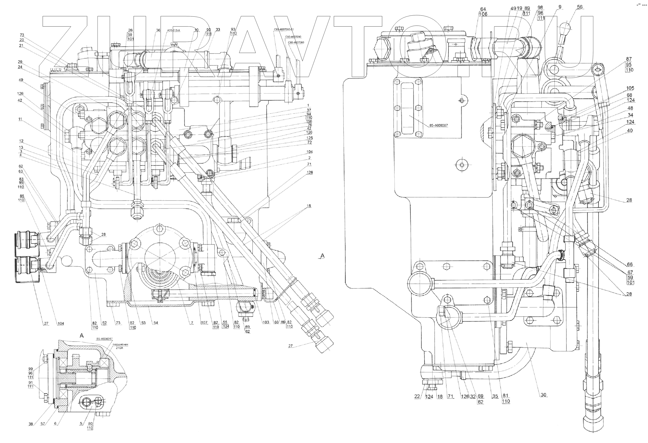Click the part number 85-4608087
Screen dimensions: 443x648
[438, 126]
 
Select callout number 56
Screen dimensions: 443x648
[580, 7]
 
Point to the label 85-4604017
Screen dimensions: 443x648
[104, 339]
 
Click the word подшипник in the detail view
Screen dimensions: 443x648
[121, 344]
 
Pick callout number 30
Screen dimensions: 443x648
[543, 395]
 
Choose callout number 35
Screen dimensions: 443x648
[495, 396]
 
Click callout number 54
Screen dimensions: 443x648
[156, 323]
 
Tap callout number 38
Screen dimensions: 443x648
[31, 424]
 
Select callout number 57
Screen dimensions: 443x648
[43, 424]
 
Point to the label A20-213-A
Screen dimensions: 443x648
[174, 30]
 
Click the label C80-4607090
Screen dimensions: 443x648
[293, 37]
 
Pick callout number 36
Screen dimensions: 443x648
[158, 30]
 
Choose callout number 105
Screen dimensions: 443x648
[630, 88]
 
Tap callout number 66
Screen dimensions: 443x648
[630, 264]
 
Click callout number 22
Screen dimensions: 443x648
[417, 396]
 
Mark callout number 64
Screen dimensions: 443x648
[483, 9]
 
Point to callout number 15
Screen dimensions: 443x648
[309, 206]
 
